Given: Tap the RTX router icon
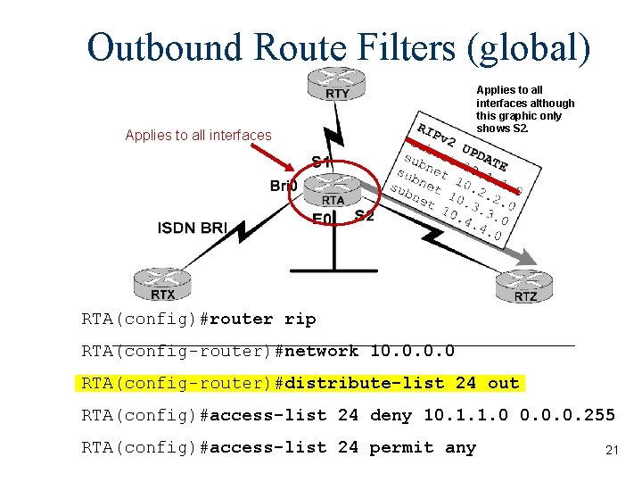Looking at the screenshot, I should pos(162,284).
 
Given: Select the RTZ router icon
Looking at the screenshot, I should pos(525,285).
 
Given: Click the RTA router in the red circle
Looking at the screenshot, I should pos(333,192).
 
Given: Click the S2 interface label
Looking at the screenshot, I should pos(364,215).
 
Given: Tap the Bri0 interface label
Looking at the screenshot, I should pos(284,186).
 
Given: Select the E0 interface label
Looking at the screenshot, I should pos(323,219).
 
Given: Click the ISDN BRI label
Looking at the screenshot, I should pos(193,228).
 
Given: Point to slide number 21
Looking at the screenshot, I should pos(612,450).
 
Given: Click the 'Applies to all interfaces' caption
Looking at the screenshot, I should pos(198,136).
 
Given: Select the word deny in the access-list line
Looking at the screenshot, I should pos(391,415).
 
